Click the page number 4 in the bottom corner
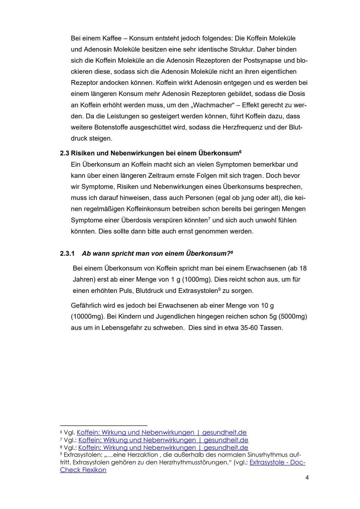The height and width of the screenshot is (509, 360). pos(307,478)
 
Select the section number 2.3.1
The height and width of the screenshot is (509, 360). pos(67,253)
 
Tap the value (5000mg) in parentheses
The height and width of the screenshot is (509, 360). pos(291,316)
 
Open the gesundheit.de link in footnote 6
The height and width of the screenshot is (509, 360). pos(162,432)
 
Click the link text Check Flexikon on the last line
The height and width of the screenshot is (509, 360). pos(83,470)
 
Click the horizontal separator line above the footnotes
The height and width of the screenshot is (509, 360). pos(103,426)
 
